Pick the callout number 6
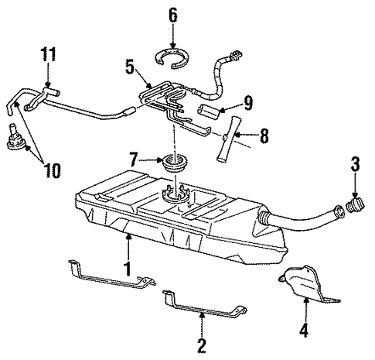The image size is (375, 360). point(172,15)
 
